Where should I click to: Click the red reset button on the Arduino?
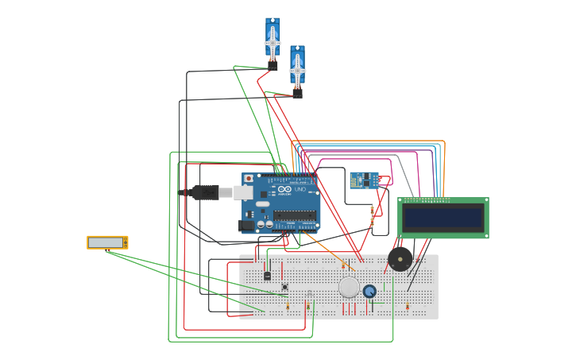pyautogui.click(x=249, y=179)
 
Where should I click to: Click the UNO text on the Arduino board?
pyautogui.click(x=300, y=190)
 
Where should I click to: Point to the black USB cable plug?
pyautogui.click(x=205, y=192)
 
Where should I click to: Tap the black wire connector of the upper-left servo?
pyautogui.click(x=273, y=67)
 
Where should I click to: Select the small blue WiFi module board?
pyautogui.click(x=364, y=181)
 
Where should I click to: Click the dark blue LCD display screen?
pyautogui.click(x=443, y=217)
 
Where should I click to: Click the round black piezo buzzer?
pyautogui.click(x=400, y=259)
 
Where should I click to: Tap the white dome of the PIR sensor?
pyautogui.click(x=349, y=287)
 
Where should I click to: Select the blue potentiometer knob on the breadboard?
pyautogui.click(x=369, y=291)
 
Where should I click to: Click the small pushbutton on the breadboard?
pyautogui.click(x=285, y=287)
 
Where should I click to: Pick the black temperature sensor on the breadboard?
pyautogui.click(x=267, y=275)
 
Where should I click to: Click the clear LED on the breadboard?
pyautogui.click(x=309, y=295)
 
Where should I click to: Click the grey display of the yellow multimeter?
pyautogui.click(x=106, y=242)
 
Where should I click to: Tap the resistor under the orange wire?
pyautogui.click(x=343, y=265)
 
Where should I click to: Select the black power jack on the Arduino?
pyautogui.click(x=246, y=226)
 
